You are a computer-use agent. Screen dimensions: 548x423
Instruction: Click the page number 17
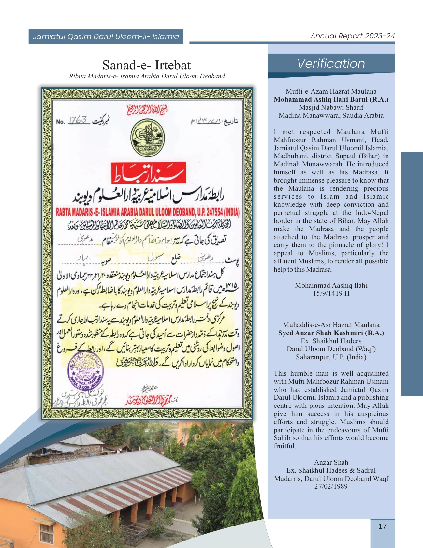click(x=382, y=526)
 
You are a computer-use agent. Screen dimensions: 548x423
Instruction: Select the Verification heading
click(x=331, y=64)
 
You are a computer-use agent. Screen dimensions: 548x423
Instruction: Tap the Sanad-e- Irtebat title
click(x=146, y=65)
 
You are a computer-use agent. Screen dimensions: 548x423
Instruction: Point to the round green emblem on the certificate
click(x=147, y=137)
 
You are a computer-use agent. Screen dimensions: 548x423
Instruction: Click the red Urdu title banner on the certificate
click(x=149, y=173)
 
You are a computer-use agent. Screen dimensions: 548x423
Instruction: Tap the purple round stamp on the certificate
click(x=85, y=372)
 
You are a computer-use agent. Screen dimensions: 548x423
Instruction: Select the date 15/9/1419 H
click(x=331, y=293)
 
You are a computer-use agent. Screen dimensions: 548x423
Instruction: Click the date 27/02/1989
click(x=331, y=486)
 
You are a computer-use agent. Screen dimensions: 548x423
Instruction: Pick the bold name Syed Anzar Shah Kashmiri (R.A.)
click(x=331, y=333)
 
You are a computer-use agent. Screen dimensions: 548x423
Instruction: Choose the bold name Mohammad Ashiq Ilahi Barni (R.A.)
click(x=331, y=99)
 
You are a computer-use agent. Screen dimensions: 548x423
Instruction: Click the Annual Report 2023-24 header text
click(x=352, y=36)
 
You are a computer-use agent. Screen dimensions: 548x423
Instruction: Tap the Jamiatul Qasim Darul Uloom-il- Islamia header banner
click(x=106, y=37)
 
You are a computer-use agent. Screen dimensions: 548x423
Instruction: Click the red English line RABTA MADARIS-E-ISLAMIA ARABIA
click(x=147, y=213)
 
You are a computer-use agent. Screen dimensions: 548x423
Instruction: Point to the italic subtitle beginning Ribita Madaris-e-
click(x=147, y=76)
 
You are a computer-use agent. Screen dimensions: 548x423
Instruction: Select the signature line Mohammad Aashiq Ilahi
click(x=331, y=285)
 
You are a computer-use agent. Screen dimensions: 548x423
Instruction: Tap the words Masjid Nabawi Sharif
click(x=331, y=107)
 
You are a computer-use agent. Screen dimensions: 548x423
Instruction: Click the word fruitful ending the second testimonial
click(x=284, y=446)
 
